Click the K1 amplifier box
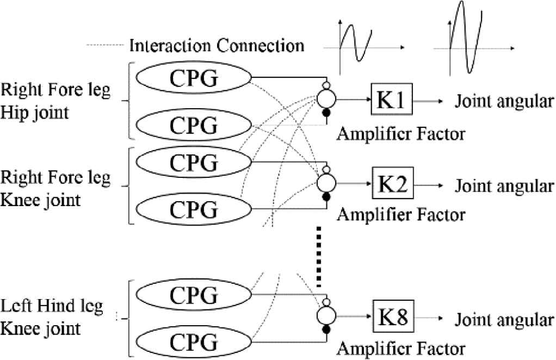[391, 101]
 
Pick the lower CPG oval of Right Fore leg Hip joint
[194, 126]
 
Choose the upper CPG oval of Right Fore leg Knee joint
[194, 162]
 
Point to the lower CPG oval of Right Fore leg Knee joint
[194, 208]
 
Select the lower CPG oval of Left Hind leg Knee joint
[194, 342]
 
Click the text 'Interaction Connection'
[217, 45]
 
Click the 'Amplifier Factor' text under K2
[401, 214]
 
